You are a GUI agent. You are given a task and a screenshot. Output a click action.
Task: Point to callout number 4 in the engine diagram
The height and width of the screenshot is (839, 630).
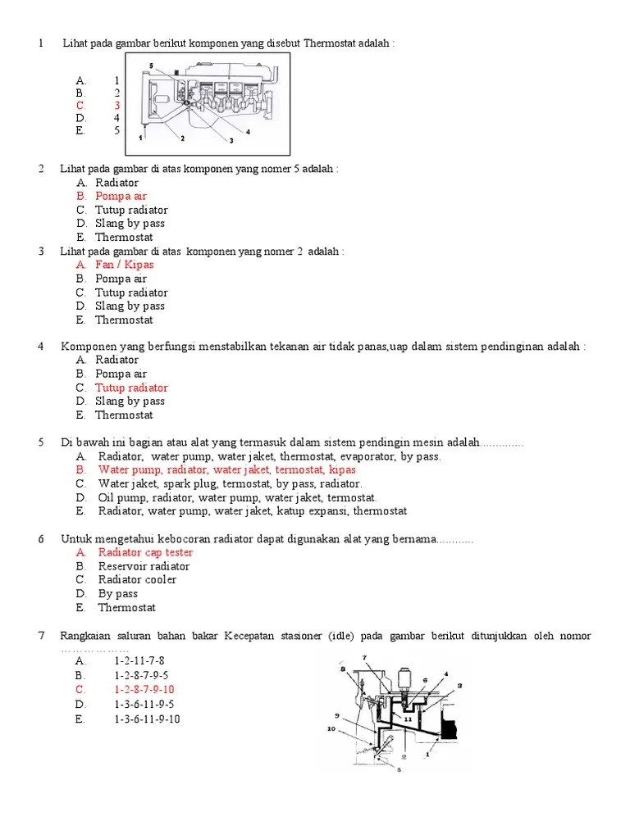248,132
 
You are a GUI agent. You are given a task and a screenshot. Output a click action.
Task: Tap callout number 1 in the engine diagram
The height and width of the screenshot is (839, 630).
140,139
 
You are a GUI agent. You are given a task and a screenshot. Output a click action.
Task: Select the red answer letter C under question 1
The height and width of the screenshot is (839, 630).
80,105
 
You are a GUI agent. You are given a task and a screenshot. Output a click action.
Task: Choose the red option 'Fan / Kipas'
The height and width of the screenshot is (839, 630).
124,265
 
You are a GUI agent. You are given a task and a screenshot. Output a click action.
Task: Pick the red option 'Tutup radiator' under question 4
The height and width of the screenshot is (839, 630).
131,388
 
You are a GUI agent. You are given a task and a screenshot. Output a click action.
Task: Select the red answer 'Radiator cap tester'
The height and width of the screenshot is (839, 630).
145,552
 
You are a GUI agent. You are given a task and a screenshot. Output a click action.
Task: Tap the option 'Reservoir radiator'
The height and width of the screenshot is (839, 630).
144,566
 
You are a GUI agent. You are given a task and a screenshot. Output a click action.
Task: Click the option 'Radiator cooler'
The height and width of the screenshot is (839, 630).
137,579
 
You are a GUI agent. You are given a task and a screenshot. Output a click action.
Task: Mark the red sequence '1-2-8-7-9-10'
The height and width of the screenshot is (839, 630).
144,690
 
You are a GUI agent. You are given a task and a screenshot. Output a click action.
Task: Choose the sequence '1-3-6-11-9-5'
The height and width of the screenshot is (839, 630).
144,704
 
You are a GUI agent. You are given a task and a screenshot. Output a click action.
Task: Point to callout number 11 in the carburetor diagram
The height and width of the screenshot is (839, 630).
407,718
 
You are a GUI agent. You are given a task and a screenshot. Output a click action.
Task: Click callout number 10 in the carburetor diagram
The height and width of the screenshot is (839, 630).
331,728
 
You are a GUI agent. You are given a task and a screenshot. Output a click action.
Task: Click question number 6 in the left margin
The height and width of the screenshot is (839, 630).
41,539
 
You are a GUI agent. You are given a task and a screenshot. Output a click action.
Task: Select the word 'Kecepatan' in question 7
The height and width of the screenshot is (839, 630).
264,636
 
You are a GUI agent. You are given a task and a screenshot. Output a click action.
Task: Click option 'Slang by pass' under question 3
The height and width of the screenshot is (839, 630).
130,306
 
